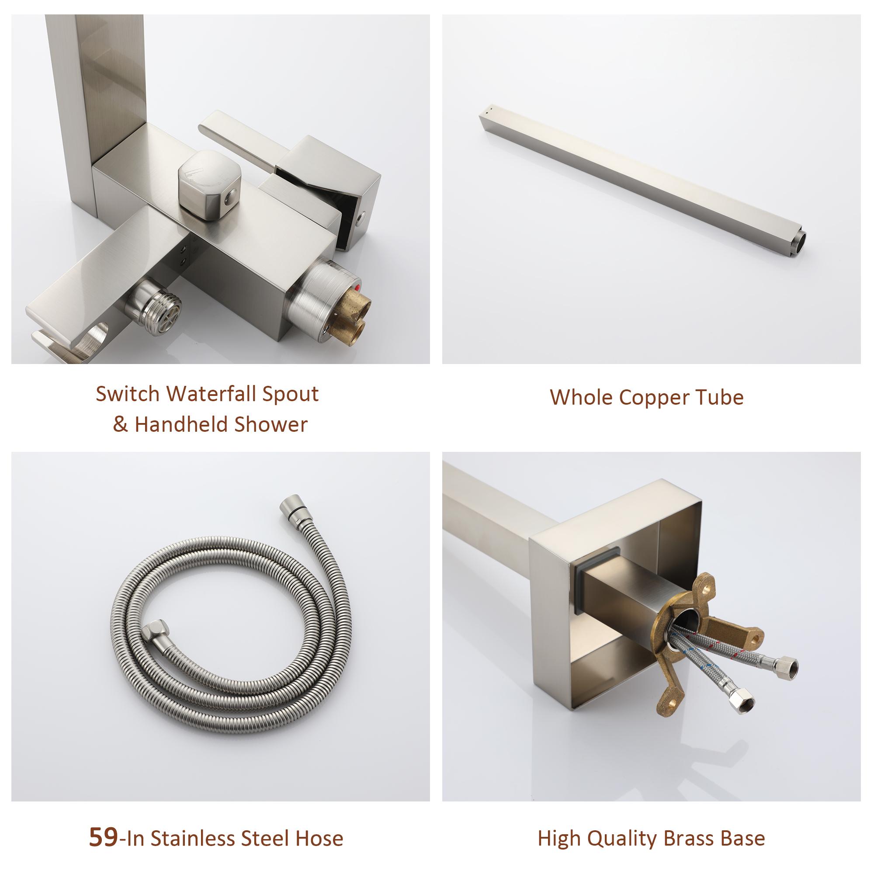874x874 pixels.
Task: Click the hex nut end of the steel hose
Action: coord(156,630)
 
